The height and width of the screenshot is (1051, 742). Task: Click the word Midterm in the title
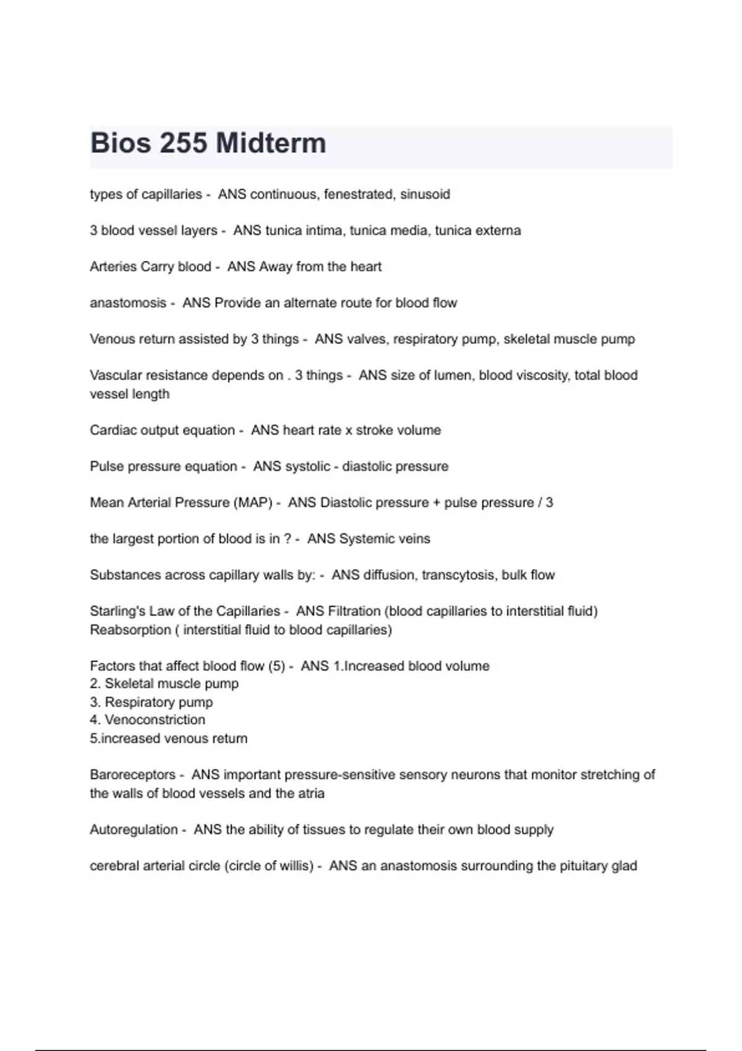coord(271,143)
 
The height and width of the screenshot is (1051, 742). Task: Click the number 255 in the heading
coord(184,143)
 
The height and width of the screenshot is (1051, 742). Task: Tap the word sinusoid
coord(425,194)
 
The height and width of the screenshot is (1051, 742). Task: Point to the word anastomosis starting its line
coord(128,303)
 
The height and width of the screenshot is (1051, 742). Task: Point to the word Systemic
coord(367,539)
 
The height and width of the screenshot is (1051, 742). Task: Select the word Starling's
coord(117,611)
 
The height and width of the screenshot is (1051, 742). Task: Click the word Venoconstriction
coord(155,720)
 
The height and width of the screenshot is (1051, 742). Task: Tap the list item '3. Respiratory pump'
coord(151,702)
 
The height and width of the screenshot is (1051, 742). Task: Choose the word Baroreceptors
coord(132,775)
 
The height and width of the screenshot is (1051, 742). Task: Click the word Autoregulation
coord(134,830)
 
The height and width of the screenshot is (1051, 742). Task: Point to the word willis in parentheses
coord(296,866)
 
